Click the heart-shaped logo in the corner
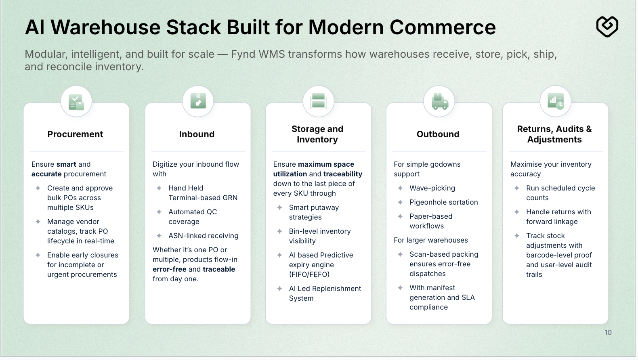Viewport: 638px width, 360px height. click(607, 27)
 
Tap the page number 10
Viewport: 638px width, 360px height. click(608, 333)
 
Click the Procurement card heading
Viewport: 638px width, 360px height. click(75, 134)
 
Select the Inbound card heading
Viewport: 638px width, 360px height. click(197, 134)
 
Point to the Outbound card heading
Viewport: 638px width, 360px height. click(438, 134)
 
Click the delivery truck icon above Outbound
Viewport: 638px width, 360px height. click(439, 102)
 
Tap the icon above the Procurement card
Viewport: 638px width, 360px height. click(76, 102)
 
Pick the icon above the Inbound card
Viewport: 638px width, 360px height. click(198, 101)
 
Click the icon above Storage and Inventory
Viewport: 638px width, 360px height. click(318, 101)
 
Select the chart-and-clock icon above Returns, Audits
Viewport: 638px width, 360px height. click(556, 101)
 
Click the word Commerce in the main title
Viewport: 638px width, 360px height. click(443, 27)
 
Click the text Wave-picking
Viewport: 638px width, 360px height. click(432, 188)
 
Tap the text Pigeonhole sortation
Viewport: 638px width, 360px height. click(443, 202)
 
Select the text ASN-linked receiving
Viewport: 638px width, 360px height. click(203, 236)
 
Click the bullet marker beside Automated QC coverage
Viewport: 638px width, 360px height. click(159, 212)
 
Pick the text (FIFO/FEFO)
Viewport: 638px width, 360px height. click(309, 274)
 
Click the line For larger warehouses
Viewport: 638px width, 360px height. click(430, 240)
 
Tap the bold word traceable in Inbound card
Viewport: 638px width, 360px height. click(219, 269)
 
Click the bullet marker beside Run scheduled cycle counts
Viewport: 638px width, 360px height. click(517, 188)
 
